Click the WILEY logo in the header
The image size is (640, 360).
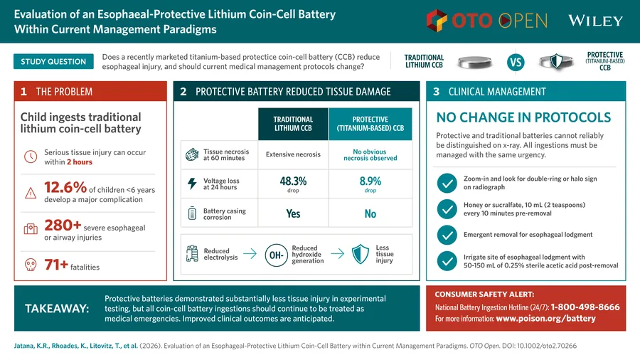(x=595, y=21)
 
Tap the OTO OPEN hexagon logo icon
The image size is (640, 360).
(x=437, y=21)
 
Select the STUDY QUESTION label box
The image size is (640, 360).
(x=53, y=62)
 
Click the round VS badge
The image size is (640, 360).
(x=516, y=63)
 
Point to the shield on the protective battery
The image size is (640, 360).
(x=556, y=62)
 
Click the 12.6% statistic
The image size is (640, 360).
(x=65, y=187)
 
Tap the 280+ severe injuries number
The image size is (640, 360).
(x=63, y=225)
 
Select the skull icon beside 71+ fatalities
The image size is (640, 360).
(x=31, y=265)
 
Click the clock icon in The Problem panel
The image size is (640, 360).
(x=31, y=157)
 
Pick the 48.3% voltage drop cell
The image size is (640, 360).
(x=293, y=184)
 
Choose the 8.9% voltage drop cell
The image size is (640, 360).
(x=370, y=184)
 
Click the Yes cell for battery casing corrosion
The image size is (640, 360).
(x=293, y=213)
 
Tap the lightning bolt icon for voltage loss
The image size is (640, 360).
(x=192, y=184)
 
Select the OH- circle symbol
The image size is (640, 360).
(x=277, y=255)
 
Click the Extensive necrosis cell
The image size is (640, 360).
(x=293, y=154)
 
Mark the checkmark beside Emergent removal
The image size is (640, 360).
(x=447, y=235)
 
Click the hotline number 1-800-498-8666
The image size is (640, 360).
(x=585, y=307)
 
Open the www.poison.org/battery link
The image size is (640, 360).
(x=545, y=318)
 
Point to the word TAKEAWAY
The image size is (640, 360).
(x=57, y=309)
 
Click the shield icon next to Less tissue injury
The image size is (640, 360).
(x=361, y=254)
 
